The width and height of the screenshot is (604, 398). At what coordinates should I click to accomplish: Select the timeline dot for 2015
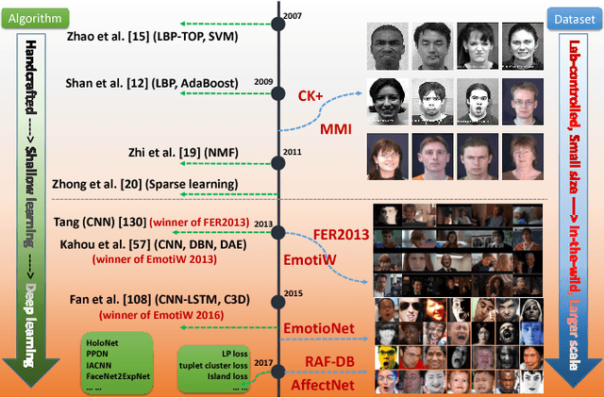click(277, 303)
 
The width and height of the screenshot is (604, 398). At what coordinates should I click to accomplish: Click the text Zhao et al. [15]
click(107, 38)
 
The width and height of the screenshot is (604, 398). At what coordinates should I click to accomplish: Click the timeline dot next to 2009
click(277, 93)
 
